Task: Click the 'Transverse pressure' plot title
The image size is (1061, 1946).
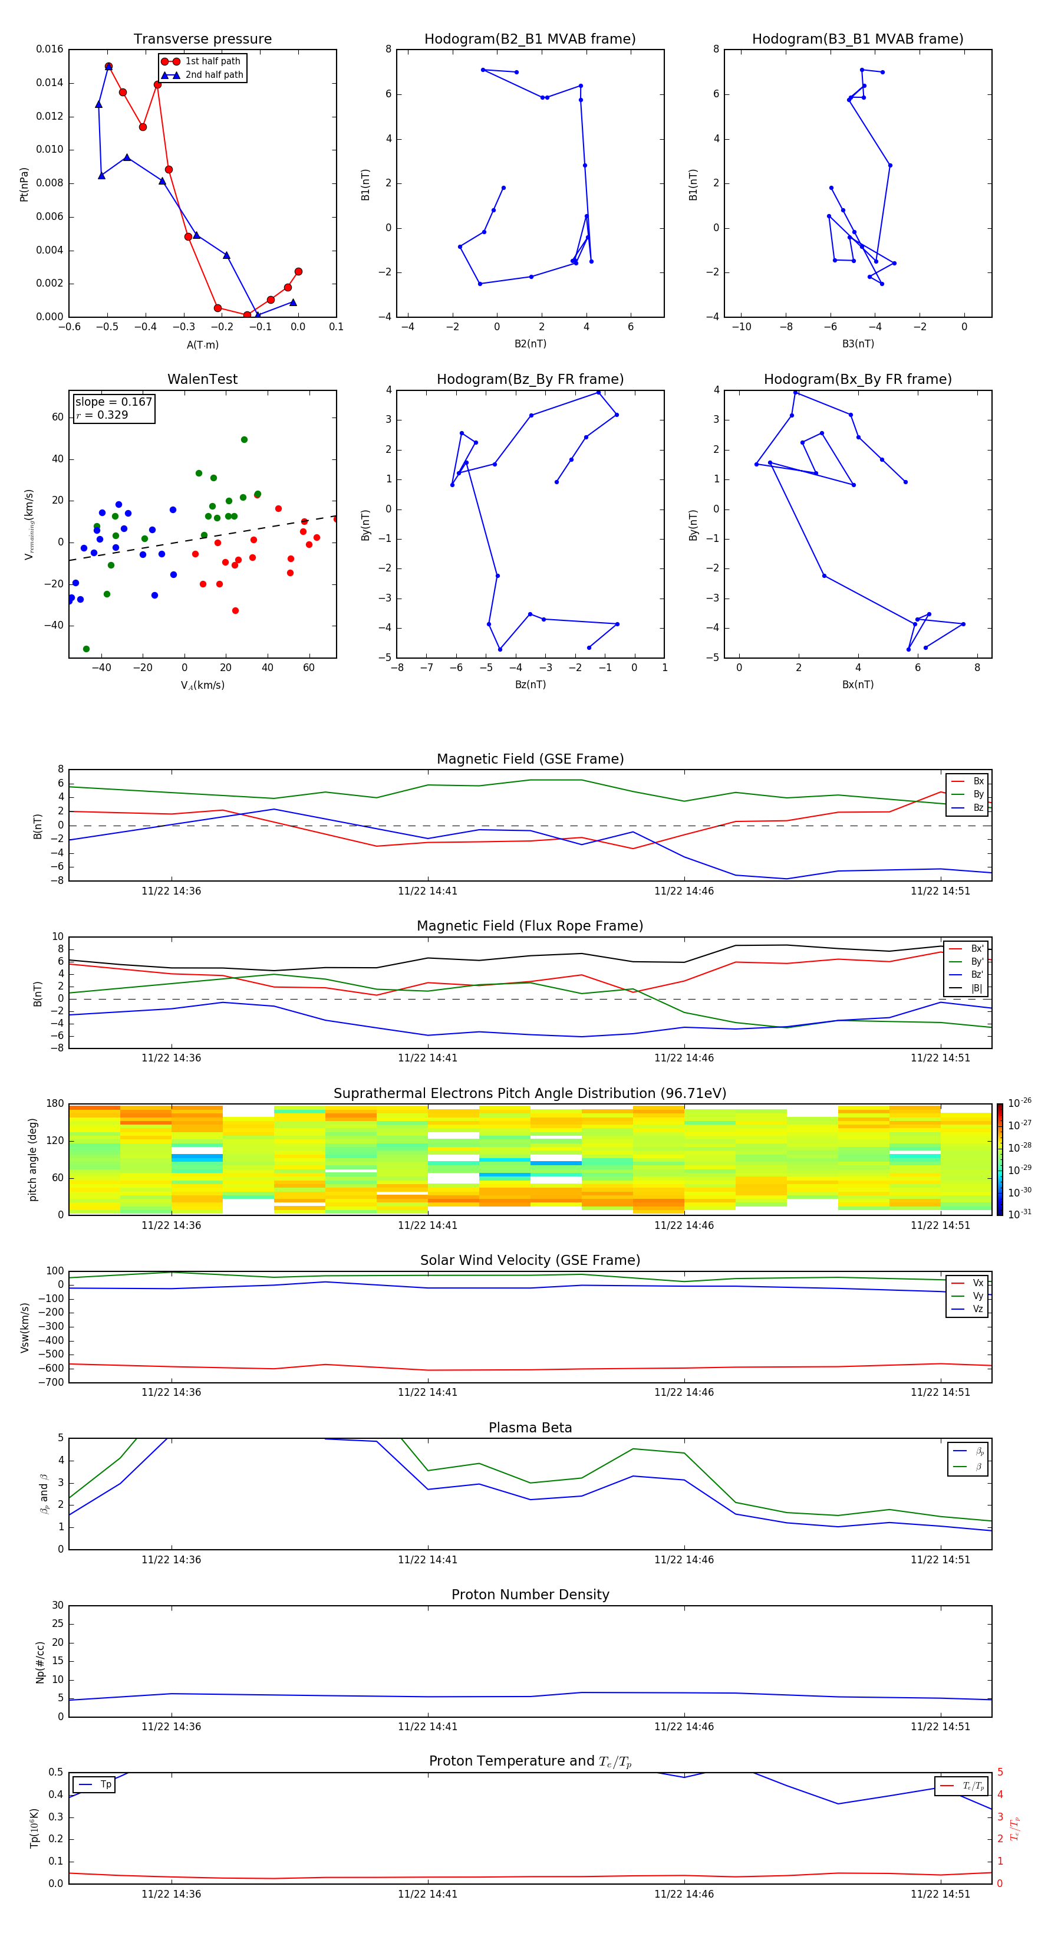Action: pyautogui.click(x=202, y=40)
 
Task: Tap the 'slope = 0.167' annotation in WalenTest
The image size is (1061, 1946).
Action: pyautogui.click(x=113, y=402)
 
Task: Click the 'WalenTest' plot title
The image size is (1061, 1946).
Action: pyautogui.click(x=202, y=379)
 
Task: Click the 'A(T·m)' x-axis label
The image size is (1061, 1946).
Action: pyautogui.click(x=202, y=345)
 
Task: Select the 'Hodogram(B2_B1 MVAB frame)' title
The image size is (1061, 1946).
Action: pyautogui.click(x=529, y=40)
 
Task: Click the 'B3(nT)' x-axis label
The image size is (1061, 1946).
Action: pyautogui.click(x=858, y=344)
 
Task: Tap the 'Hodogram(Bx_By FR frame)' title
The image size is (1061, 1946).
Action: pyautogui.click(x=857, y=379)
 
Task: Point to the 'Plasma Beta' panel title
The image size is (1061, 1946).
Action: pyautogui.click(x=530, y=1428)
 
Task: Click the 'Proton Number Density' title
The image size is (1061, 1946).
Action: pyautogui.click(x=530, y=1595)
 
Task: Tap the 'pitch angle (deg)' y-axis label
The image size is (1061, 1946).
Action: pyautogui.click(x=32, y=1159)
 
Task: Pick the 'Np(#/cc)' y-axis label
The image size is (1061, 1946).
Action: pyautogui.click(x=40, y=1662)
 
